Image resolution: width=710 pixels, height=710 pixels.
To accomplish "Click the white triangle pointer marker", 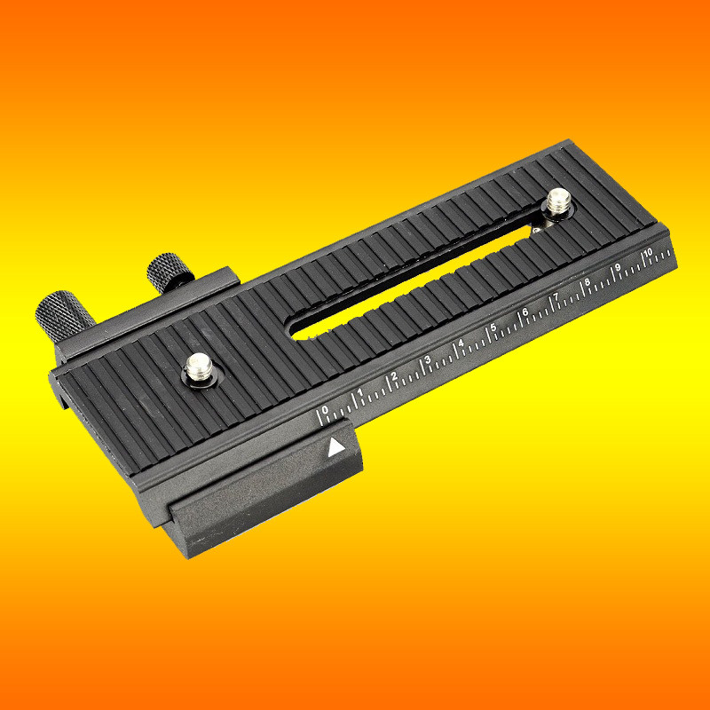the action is pos(335,447).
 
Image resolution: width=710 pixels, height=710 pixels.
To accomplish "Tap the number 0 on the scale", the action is pos(325,410).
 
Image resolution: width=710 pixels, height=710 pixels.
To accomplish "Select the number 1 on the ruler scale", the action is pos(360,392).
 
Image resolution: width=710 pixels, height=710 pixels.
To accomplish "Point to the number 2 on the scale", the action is pos(394,375).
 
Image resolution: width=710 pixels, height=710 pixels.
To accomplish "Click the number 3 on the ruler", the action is pos(428,359).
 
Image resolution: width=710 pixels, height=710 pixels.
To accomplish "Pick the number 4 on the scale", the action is pos(461,343).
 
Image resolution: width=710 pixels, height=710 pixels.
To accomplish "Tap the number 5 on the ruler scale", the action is pos(493,327).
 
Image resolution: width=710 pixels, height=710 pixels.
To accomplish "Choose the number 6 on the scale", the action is pos(525,312).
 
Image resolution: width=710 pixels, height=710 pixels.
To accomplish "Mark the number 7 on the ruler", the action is pos(556,297).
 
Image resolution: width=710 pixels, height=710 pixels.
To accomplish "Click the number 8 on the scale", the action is pos(588,282).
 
